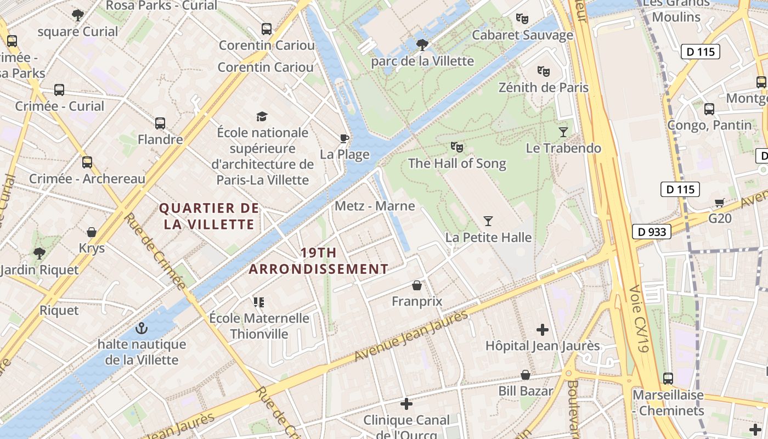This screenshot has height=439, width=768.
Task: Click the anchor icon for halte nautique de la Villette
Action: coord(142,328)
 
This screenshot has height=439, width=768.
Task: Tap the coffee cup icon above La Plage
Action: coord(345,138)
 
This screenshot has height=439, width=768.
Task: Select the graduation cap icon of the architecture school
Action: coord(262,116)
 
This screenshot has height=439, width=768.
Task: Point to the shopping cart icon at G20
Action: coord(720,202)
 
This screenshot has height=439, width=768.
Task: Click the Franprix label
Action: coord(417,301)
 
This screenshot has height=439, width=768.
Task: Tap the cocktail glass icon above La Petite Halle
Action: coord(488,221)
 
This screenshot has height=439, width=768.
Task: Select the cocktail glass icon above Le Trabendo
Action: coord(563,132)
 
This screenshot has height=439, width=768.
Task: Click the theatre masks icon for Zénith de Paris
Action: coord(544,71)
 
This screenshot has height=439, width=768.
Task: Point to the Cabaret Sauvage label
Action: coord(522,35)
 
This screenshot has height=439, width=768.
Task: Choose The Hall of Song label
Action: coord(457,163)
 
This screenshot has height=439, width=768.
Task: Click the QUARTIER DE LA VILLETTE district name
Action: coord(208,216)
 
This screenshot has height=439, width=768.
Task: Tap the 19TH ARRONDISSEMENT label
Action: coord(319,261)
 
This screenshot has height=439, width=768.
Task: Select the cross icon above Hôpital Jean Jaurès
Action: coord(543,330)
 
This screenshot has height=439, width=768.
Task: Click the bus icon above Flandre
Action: coord(160,123)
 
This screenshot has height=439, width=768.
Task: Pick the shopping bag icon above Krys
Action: coord(92,232)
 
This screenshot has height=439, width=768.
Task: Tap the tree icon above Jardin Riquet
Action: coord(39,253)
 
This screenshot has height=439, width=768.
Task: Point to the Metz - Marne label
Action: coord(375,206)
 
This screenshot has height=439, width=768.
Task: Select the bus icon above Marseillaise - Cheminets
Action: coord(668,379)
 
